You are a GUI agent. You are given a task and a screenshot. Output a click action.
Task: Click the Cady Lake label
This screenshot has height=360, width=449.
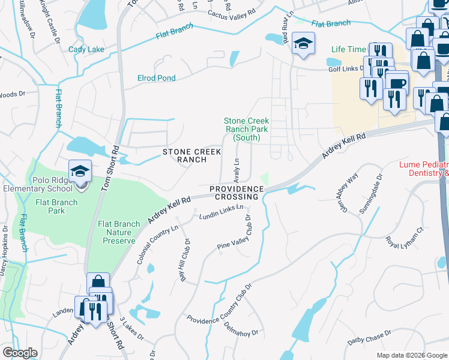point(86,50)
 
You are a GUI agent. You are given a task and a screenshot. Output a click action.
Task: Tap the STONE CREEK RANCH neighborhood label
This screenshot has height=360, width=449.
point(188,156)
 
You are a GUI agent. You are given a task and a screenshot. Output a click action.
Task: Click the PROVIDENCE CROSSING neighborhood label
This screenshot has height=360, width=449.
point(237,193)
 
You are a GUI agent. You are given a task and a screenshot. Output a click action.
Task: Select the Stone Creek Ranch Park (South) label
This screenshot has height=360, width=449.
point(246,129)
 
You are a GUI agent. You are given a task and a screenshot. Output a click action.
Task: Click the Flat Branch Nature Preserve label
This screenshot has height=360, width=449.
point(116,232)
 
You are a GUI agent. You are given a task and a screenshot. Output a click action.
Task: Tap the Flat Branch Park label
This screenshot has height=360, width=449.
point(56,206)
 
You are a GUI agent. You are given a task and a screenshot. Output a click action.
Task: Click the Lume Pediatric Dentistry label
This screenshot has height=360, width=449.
point(424,169)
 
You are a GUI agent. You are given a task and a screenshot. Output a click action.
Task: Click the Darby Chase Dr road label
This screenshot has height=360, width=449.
point(369,338)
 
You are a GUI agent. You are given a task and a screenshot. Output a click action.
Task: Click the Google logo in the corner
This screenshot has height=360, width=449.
point(20,353)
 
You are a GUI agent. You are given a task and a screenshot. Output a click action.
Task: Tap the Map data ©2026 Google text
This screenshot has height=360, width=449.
point(412,355)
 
